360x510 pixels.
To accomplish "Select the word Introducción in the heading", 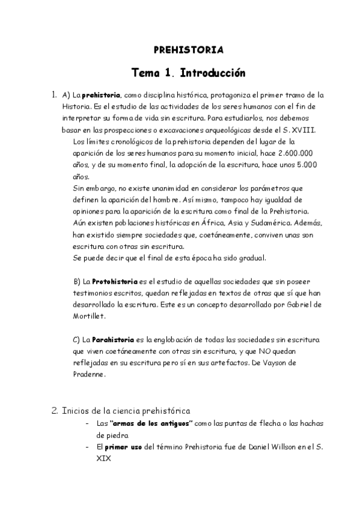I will coord(208,73).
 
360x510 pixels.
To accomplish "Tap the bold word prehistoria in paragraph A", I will coord(101,95).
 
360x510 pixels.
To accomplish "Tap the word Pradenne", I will coord(88,374).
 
